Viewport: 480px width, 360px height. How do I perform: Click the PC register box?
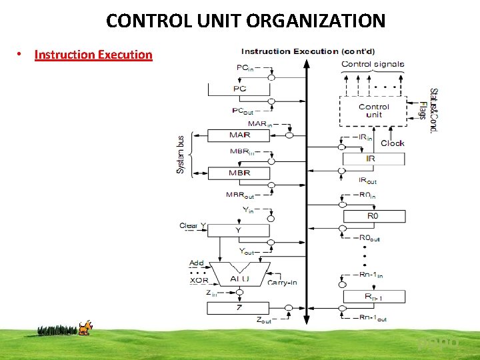click(239, 89)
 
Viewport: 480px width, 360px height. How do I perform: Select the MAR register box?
click(239, 135)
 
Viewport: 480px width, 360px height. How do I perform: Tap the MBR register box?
click(239, 173)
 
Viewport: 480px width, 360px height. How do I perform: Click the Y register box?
click(238, 230)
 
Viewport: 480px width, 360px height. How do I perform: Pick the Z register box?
click(238, 308)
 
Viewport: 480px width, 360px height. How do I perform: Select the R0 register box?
click(373, 216)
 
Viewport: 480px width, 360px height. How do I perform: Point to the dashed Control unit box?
click(373, 111)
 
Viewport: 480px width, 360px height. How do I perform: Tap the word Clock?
click(393, 143)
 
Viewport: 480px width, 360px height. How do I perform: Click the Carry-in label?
click(282, 283)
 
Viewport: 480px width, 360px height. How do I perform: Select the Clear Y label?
click(193, 226)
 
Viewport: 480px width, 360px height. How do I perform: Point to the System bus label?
click(181, 154)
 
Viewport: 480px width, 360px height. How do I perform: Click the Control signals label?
click(373, 65)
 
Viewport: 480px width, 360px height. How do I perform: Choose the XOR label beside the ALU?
click(199, 281)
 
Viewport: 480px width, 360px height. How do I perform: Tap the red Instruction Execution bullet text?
click(93, 55)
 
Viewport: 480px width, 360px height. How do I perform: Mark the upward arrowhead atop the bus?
click(306, 64)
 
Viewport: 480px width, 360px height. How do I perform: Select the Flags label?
click(423, 111)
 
